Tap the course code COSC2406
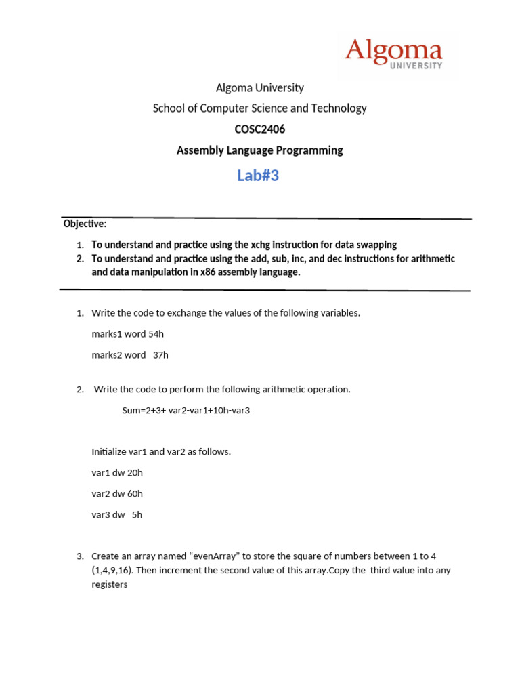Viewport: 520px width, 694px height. [x=259, y=129]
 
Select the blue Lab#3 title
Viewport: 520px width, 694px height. [x=258, y=176]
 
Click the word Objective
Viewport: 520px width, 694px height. [x=85, y=224]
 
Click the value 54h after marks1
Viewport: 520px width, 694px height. [x=156, y=333]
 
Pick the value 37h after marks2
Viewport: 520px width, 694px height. [x=160, y=354]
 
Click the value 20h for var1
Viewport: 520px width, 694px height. [x=135, y=472]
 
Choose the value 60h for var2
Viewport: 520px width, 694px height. [x=135, y=493]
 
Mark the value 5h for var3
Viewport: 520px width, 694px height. [x=137, y=514]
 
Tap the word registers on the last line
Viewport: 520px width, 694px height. [x=110, y=584]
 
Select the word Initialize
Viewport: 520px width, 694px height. [x=108, y=451]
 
